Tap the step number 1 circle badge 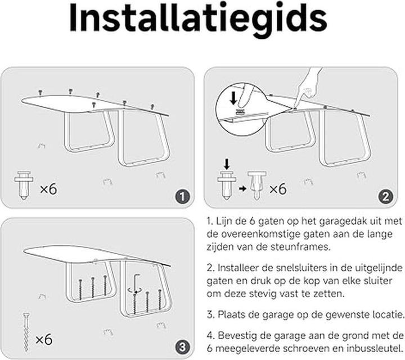pos(181,196)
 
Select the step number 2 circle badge pos(385,196)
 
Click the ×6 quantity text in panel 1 pos(48,188)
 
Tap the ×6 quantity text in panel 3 pos(45,340)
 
